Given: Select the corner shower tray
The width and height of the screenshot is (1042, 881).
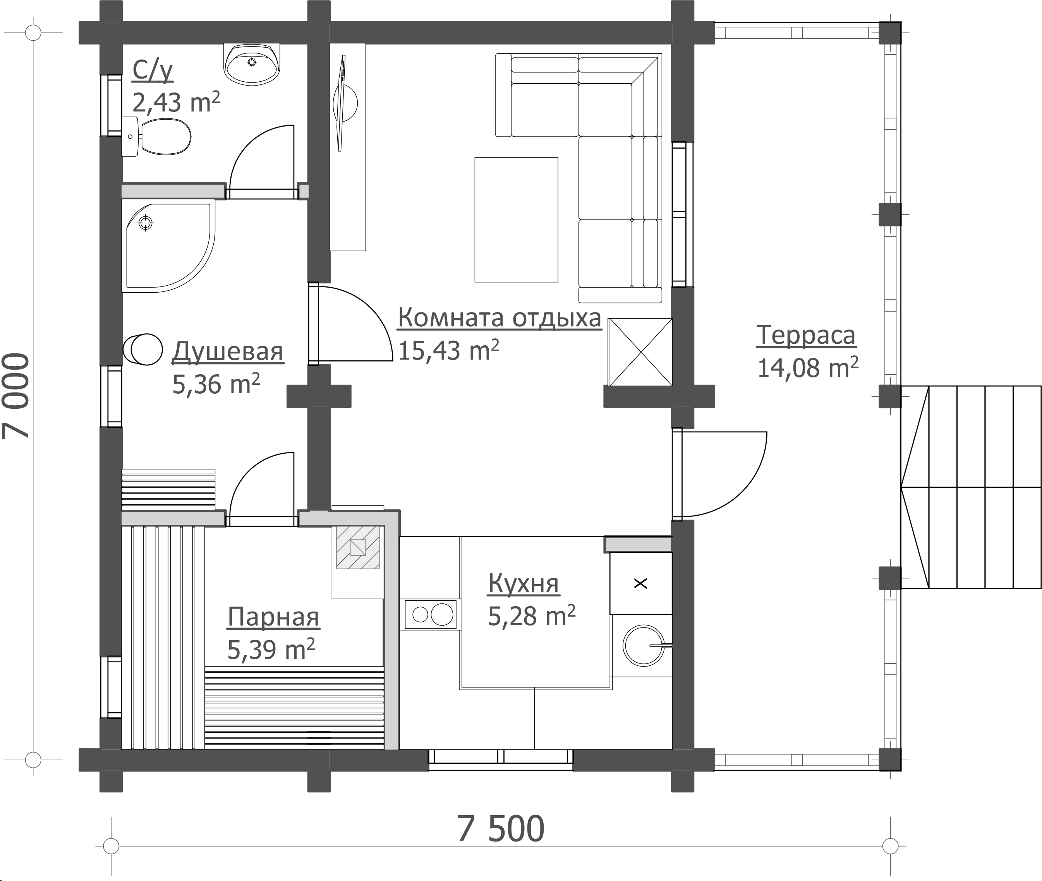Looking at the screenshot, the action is point(168,246).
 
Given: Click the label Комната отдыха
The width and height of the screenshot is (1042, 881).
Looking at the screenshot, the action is point(500,318).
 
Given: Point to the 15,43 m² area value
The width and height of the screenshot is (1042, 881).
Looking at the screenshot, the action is point(448,350).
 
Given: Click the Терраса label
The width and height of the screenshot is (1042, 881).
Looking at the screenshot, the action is point(806,335).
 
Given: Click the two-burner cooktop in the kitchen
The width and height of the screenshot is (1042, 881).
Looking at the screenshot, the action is point(431,614).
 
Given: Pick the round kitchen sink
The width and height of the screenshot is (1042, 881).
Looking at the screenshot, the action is point(644,645).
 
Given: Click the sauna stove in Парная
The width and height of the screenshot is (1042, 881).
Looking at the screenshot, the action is point(358,547).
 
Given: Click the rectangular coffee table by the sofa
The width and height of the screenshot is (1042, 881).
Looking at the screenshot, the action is point(516,220).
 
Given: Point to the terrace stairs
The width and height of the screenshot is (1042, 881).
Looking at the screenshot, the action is point(971,487).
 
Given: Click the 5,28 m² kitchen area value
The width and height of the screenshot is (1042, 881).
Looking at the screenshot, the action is point(532,616).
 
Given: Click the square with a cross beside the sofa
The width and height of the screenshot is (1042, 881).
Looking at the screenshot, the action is point(640,352).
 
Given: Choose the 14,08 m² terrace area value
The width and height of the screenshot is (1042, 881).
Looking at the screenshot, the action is point(808,368).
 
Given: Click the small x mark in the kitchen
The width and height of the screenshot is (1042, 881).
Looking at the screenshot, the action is point(640,583).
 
